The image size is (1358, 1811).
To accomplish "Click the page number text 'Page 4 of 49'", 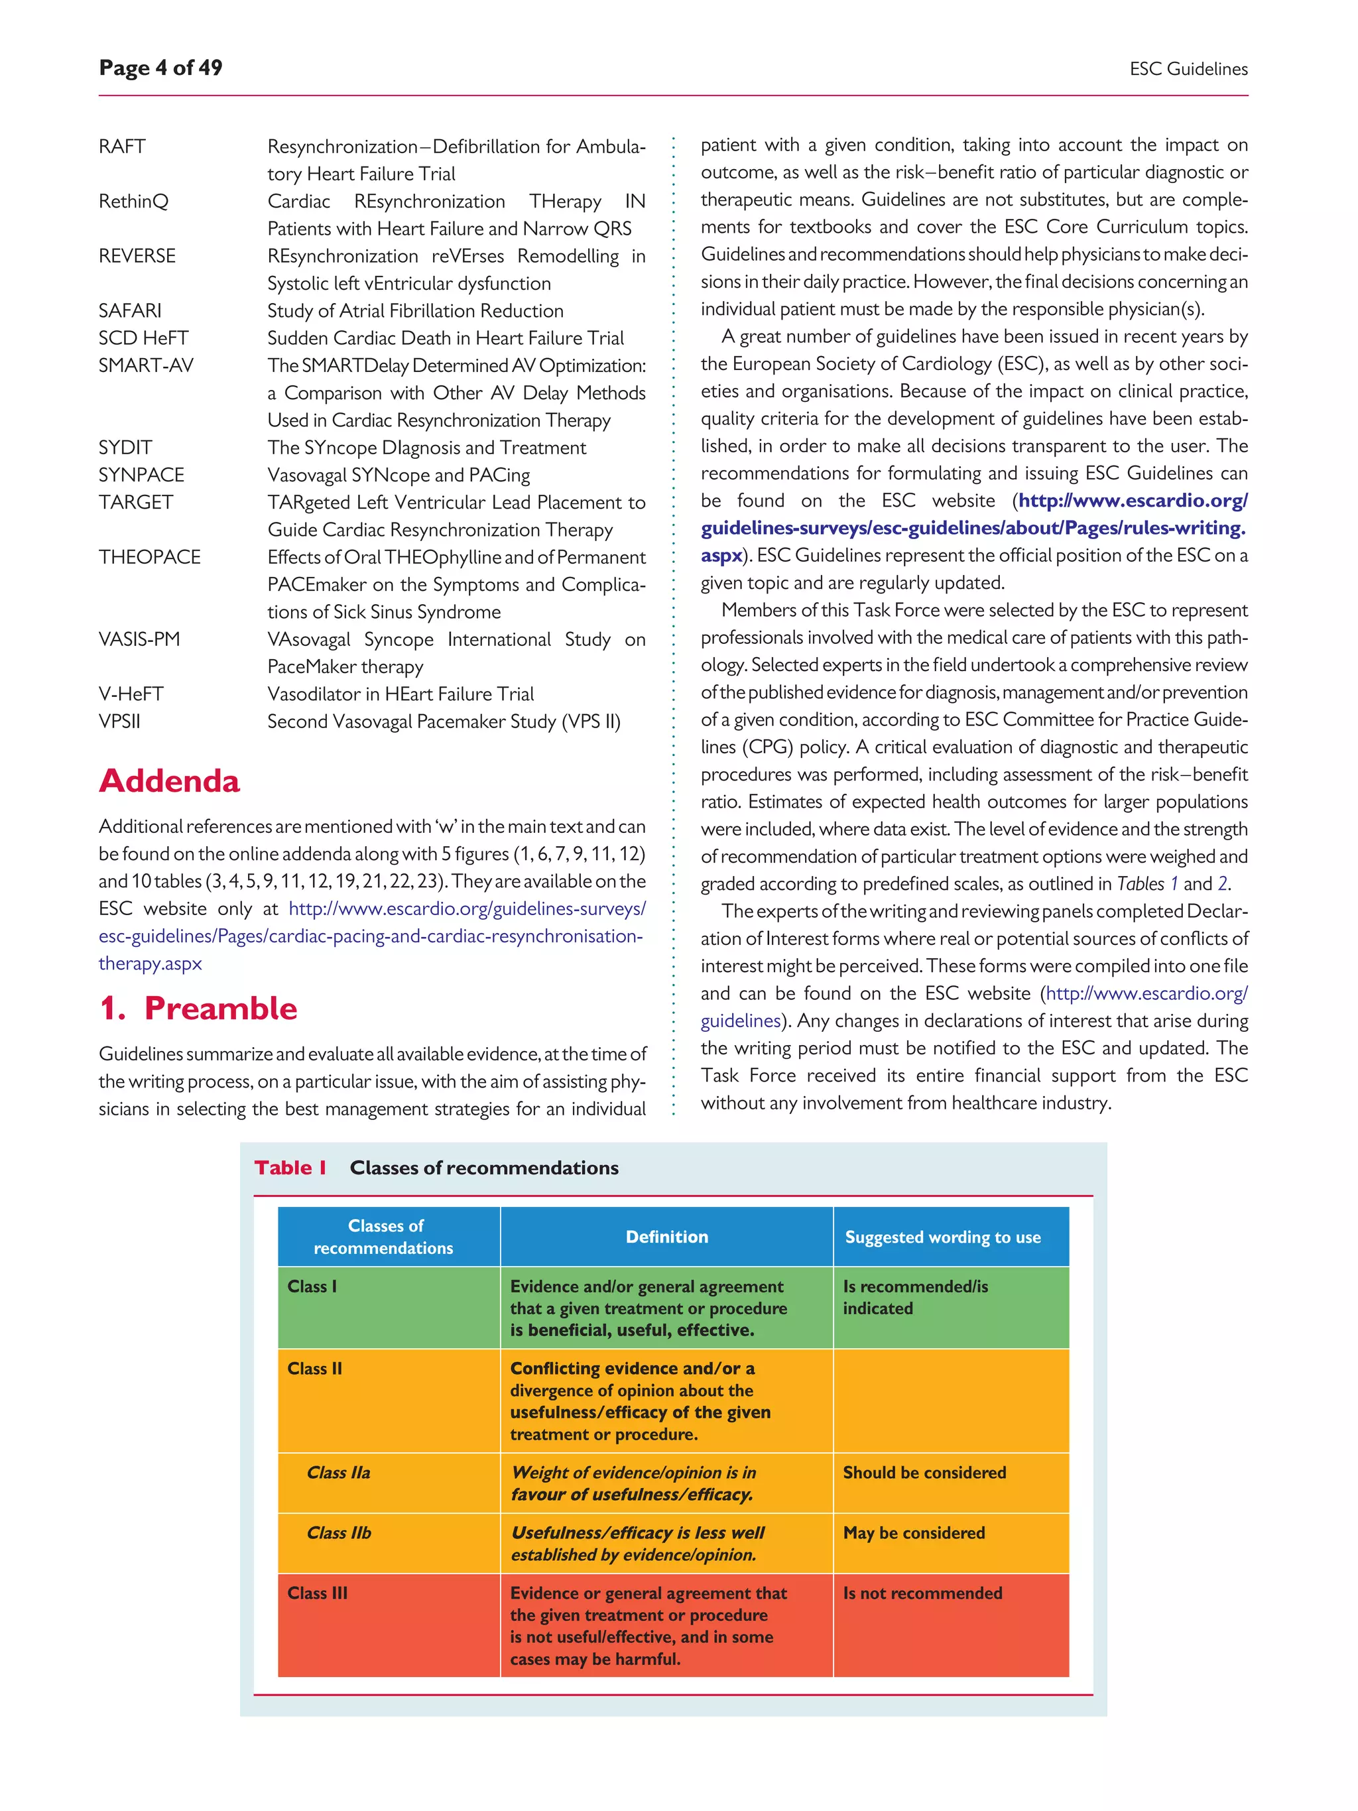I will point(160,68).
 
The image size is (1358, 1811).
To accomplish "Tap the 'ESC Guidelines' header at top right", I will point(1188,70).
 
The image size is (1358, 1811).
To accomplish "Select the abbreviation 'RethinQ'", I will point(133,202).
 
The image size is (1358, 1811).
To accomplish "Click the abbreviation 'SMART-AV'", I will point(146,365).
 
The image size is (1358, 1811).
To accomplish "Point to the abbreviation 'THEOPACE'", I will point(149,557).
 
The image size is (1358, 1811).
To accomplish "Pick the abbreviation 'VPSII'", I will point(119,721).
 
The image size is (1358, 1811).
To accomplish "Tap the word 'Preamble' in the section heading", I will point(220,1008).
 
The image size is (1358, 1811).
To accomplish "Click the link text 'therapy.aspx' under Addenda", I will point(150,963).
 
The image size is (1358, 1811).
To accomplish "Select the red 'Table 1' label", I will point(290,1168).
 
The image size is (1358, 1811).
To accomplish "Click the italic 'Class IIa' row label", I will point(338,1472).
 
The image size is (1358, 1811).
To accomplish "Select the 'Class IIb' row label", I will point(338,1532).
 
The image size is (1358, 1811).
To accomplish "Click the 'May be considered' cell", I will point(914,1532).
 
